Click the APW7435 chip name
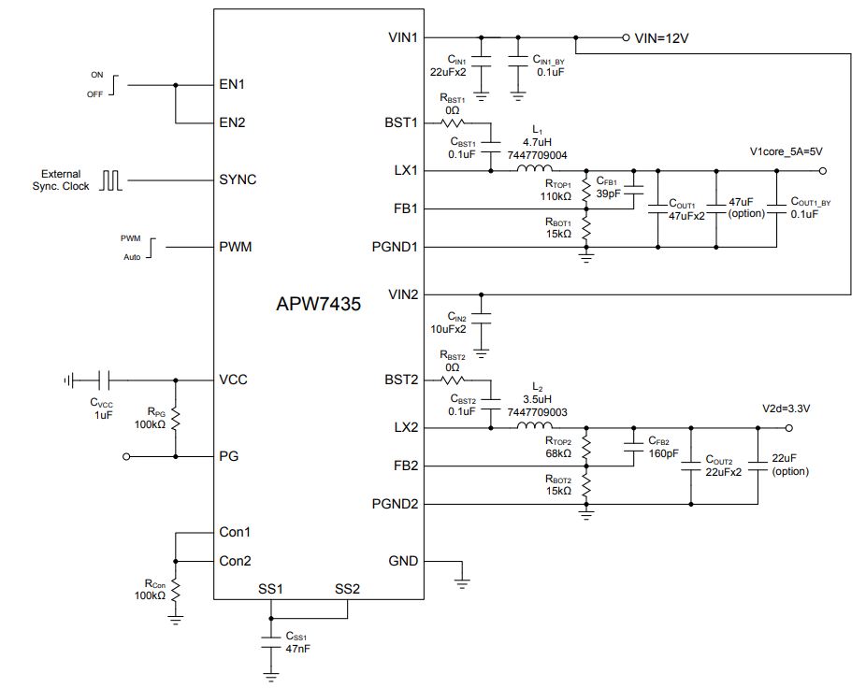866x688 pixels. [x=318, y=304]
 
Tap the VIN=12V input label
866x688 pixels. [x=661, y=38]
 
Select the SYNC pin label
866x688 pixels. [x=238, y=179]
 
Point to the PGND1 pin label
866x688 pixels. [x=395, y=247]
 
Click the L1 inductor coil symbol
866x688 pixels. [x=534, y=168]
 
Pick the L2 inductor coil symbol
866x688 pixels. [x=534, y=425]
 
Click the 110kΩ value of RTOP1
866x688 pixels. [x=556, y=196]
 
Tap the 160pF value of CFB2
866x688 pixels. [x=663, y=453]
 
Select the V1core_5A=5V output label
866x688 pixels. [x=786, y=151]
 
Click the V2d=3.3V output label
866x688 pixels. [x=786, y=408]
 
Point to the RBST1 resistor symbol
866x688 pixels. [x=453, y=122]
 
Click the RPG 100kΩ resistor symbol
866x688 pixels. [x=176, y=419]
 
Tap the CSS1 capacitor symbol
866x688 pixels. [x=270, y=642]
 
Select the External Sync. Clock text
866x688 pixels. [x=61, y=180]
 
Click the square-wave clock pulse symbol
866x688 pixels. [x=110, y=180]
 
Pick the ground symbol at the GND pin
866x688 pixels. [x=462, y=582]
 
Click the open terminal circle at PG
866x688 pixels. [x=126, y=457]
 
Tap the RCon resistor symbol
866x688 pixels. [x=176, y=590]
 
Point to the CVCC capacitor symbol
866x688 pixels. [x=104, y=380]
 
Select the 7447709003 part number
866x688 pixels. [x=537, y=412]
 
